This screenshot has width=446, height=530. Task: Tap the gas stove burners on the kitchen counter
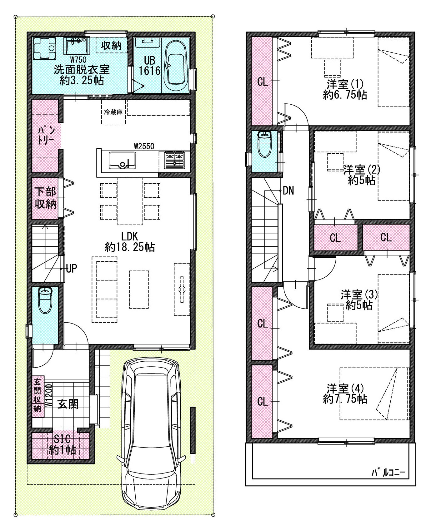coord(175,160)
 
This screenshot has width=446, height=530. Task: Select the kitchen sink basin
coord(122,161)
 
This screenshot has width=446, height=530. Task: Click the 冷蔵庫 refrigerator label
coord(113,112)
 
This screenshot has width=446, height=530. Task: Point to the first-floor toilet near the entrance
coord(45,300)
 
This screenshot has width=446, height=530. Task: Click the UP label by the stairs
coord(72,268)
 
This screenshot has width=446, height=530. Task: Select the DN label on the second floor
coord(288,191)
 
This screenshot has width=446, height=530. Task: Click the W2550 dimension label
coord(144,146)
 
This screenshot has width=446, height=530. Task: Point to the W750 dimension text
coord(78,59)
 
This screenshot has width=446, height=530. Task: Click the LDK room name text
coord(130,236)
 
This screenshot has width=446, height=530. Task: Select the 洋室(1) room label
coord(345,84)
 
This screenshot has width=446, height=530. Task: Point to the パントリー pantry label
coord(46,135)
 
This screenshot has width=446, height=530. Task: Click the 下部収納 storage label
coord(46,198)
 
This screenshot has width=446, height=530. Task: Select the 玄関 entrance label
coord(68,404)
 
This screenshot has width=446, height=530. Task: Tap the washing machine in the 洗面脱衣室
coord(44,48)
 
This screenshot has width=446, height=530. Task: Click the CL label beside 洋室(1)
coord(263,82)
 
